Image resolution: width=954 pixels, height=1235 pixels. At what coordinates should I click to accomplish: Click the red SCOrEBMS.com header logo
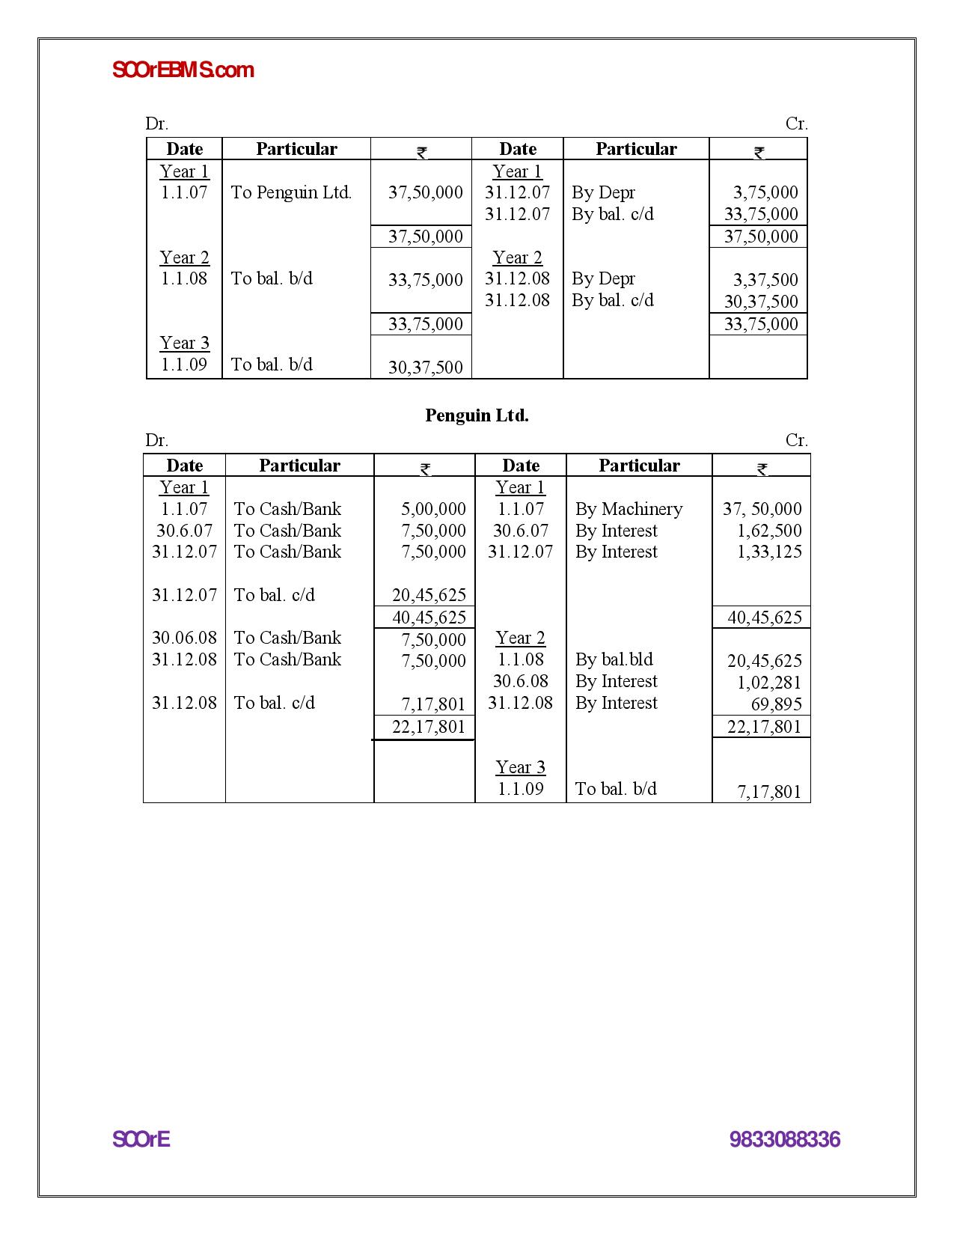[183, 70]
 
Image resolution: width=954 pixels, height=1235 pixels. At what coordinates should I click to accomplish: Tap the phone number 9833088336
[784, 1140]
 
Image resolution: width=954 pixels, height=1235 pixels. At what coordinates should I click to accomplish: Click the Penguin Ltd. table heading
[477, 415]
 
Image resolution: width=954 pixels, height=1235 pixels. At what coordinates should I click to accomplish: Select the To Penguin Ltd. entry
[291, 192]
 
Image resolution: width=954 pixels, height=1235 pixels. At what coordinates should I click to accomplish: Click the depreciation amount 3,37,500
[765, 280]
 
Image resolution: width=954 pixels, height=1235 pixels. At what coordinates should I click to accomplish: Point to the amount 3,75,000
[765, 192]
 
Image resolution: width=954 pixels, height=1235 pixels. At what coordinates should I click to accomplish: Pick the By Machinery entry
[629, 509]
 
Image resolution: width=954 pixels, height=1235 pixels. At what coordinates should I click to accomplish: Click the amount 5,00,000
[432, 509]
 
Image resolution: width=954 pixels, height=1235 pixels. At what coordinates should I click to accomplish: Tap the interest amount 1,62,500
[768, 531]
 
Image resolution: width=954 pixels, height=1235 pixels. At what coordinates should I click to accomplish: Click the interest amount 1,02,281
[768, 683]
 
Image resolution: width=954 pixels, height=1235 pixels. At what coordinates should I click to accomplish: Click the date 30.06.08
[184, 638]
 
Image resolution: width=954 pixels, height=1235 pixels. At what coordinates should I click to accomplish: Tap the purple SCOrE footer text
[141, 1139]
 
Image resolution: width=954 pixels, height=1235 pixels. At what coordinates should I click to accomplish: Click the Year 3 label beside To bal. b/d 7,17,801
[520, 767]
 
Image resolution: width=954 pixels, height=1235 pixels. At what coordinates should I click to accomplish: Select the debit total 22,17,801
[428, 727]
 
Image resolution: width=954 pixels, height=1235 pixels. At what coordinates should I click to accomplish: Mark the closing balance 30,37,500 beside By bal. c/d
[760, 302]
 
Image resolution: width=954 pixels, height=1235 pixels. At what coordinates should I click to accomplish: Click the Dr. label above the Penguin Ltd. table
[156, 440]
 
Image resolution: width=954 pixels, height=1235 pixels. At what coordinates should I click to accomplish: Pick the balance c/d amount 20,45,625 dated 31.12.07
[429, 595]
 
